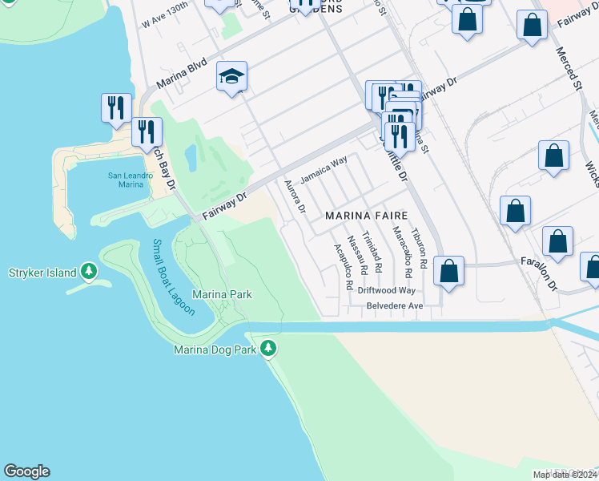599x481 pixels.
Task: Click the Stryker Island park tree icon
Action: [x=88, y=272]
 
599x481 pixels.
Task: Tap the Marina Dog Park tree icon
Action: [x=268, y=348]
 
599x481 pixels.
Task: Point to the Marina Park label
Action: [x=223, y=295]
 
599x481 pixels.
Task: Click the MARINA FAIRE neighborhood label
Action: [x=366, y=216]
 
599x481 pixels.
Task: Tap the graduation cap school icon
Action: [x=231, y=77]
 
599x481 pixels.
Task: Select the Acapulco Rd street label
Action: [x=343, y=265]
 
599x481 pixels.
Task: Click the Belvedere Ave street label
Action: [x=394, y=305]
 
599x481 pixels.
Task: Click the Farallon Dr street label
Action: [x=538, y=273]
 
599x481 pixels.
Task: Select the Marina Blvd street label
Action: [x=182, y=73]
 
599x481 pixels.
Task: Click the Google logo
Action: [x=26, y=471]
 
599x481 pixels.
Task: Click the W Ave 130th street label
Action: [x=166, y=15]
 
